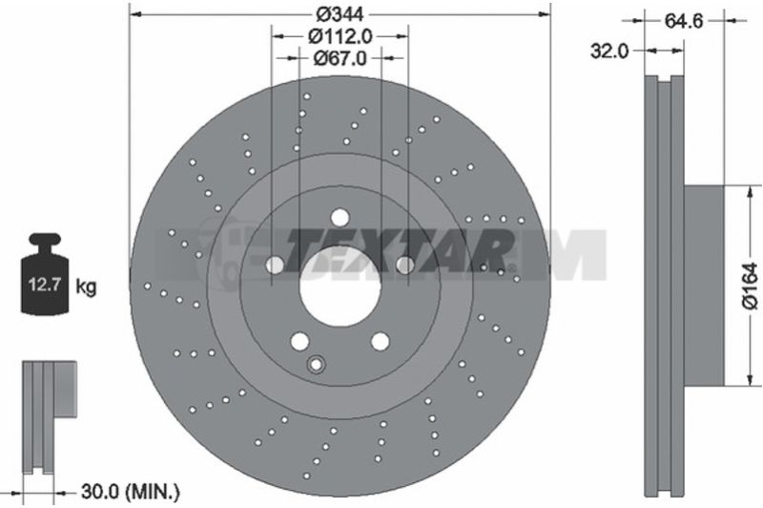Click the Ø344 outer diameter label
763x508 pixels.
[x=340, y=14]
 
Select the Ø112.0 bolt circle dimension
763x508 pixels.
[x=340, y=36]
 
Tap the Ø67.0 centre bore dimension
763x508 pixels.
[x=340, y=58]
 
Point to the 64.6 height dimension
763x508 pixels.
[x=684, y=21]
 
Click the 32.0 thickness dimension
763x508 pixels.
[x=609, y=51]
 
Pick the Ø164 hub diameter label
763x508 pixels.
[x=750, y=286]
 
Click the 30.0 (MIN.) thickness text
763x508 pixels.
[x=131, y=492]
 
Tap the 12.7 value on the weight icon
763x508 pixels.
[x=44, y=284]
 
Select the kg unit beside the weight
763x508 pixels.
[x=86, y=286]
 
